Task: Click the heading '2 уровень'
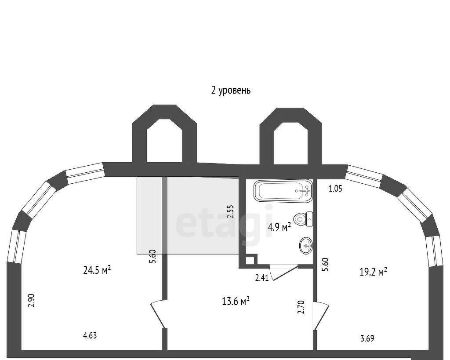point(231,90)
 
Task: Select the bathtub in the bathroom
point(283,191)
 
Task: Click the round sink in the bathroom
point(306,245)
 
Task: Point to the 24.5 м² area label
point(97,270)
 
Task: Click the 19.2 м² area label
point(374,271)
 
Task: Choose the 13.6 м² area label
point(236,302)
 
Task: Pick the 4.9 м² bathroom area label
point(279,227)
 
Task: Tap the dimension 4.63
point(90,335)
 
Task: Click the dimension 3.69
point(367,338)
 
